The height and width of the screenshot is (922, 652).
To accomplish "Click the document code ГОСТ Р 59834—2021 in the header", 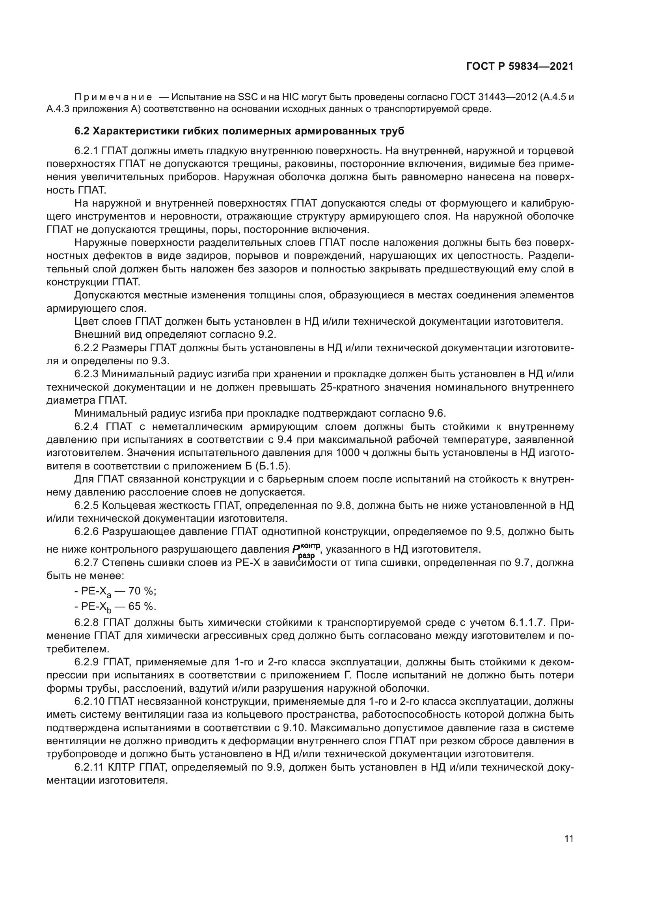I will click(520, 66).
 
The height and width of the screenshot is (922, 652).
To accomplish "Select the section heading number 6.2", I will click(82, 131).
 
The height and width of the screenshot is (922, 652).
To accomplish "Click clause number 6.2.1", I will click(86, 151).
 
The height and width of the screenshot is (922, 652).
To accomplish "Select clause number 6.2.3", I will click(86, 374).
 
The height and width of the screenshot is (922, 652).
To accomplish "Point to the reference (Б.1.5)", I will click(272, 466).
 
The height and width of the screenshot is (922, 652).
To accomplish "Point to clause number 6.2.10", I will click(89, 702).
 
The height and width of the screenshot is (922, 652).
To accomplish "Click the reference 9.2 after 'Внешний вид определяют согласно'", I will click(268, 335).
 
